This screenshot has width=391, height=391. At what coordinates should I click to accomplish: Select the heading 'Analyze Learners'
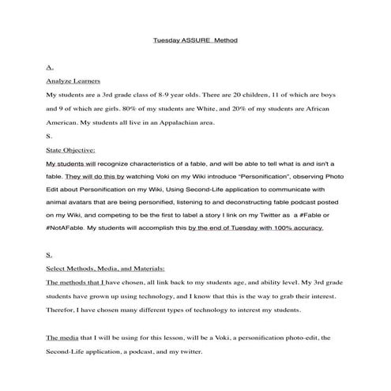click(x=69, y=81)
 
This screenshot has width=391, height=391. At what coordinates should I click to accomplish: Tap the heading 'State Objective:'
click(x=70, y=149)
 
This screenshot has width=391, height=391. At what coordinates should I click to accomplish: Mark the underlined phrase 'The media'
click(x=62, y=337)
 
